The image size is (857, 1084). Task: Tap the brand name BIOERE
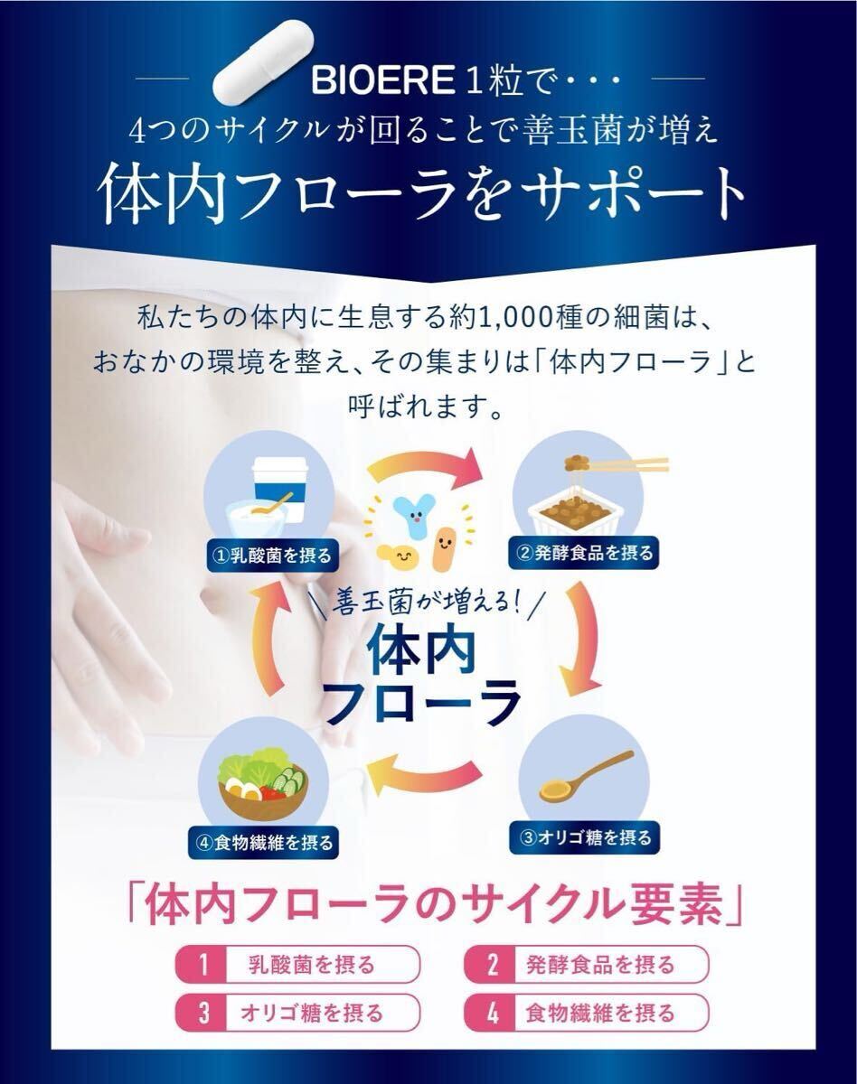point(383,80)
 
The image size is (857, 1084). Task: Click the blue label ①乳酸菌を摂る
point(273,555)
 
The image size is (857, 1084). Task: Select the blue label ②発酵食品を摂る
point(584,553)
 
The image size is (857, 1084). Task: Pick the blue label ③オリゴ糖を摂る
point(585,837)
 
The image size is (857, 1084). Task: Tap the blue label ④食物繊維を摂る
point(264,842)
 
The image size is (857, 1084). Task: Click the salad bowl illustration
point(263,782)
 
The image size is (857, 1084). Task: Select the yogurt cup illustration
point(270,495)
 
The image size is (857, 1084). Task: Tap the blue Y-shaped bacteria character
point(413,518)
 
